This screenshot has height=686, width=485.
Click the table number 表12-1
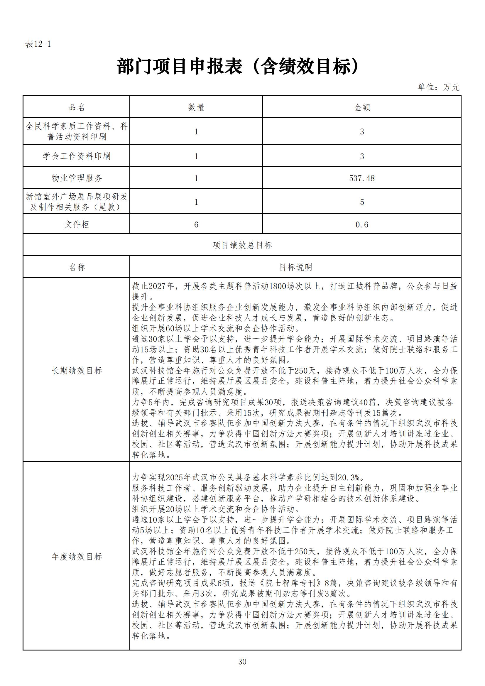click(38, 44)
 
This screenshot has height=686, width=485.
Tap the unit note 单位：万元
click(438, 87)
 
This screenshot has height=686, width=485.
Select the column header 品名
click(77, 107)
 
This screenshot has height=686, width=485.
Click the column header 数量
click(196, 107)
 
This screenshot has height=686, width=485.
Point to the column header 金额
click(362, 107)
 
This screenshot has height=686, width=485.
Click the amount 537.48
click(362, 178)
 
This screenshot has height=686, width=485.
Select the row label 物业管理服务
click(77, 178)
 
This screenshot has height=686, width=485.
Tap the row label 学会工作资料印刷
click(77, 156)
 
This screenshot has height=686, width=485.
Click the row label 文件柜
click(77, 224)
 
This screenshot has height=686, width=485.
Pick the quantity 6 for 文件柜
click(196, 225)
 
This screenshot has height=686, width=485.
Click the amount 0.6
click(362, 225)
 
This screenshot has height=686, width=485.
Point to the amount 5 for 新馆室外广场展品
click(362, 202)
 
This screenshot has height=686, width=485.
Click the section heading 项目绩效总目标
click(242, 245)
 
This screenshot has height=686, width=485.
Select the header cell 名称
click(77, 267)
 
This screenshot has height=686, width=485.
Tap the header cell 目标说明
click(295, 267)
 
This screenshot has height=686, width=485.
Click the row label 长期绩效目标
click(77, 371)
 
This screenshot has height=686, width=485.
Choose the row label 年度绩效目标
click(77, 557)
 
